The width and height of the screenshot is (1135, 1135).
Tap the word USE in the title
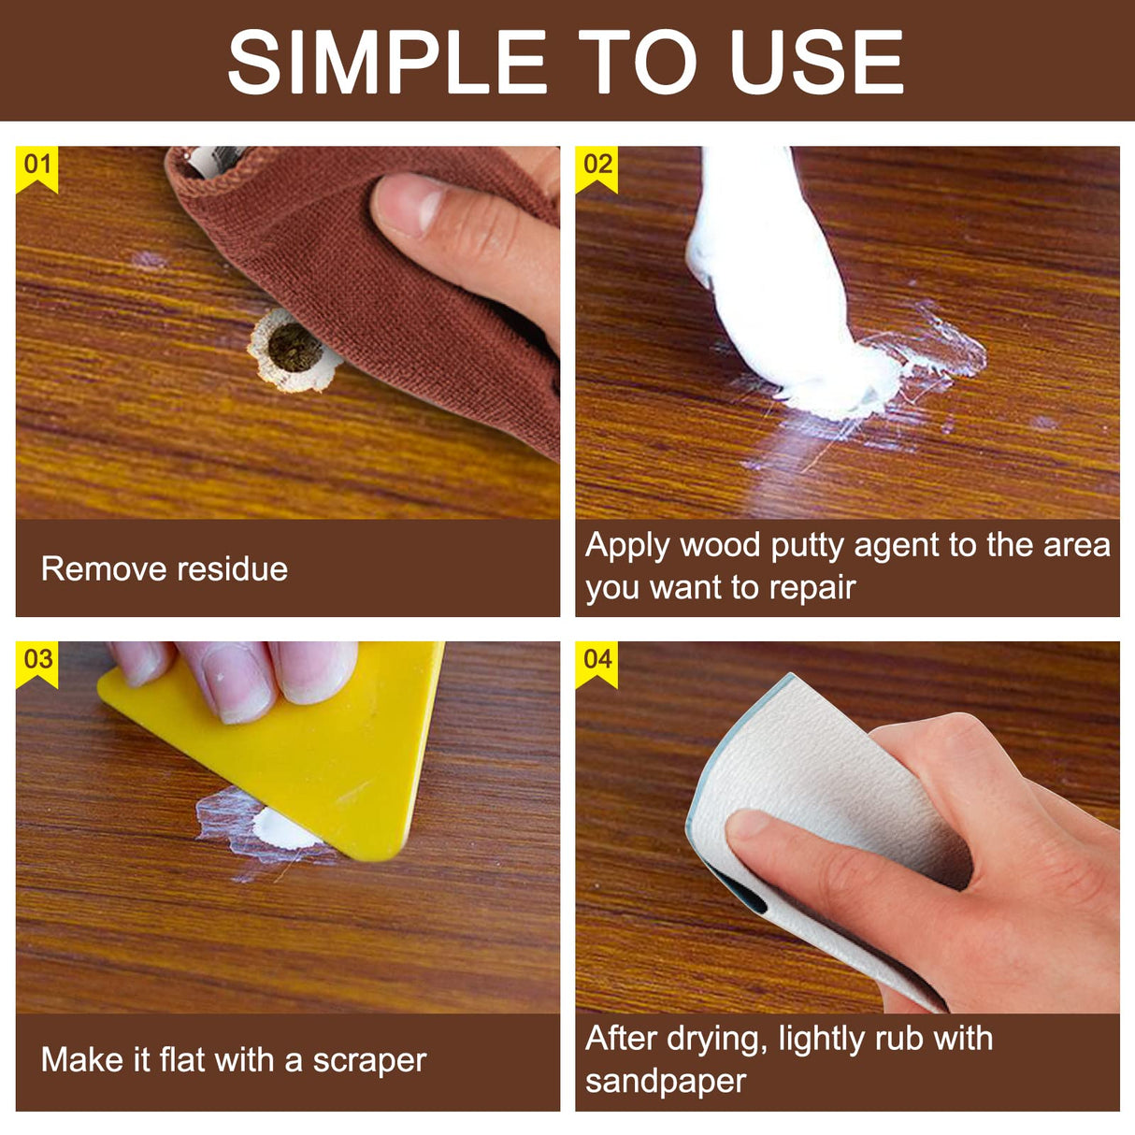[816, 63]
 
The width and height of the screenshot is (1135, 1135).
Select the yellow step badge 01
[37, 166]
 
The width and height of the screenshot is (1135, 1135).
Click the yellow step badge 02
[597, 166]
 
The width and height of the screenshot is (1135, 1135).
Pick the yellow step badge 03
[37, 661]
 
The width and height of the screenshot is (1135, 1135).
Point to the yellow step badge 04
[597, 661]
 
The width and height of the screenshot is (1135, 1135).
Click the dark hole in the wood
[294, 349]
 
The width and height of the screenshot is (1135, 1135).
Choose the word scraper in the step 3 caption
[369, 1060]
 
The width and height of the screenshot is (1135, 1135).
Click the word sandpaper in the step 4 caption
[666, 1081]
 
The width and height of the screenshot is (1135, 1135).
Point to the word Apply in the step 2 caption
[627, 546]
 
